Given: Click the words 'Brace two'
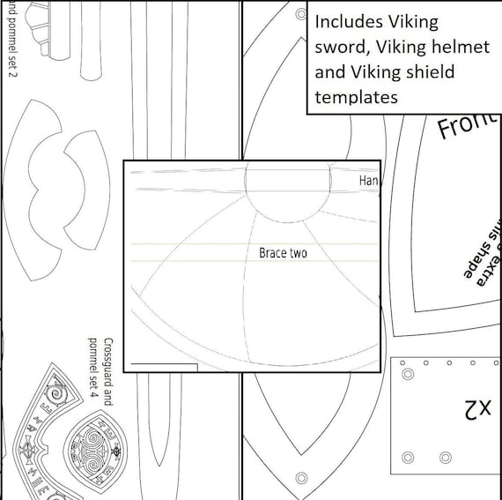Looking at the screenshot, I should [x=283, y=253].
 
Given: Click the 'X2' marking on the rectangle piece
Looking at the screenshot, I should [x=477, y=408].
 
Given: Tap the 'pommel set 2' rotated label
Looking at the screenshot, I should [x=11, y=40].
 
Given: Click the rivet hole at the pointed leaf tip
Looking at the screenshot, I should [x=300, y=477].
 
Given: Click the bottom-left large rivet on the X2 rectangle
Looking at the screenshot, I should [x=409, y=456].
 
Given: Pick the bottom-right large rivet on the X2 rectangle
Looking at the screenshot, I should [x=446, y=456].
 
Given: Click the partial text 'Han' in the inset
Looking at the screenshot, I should [x=369, y=180].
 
